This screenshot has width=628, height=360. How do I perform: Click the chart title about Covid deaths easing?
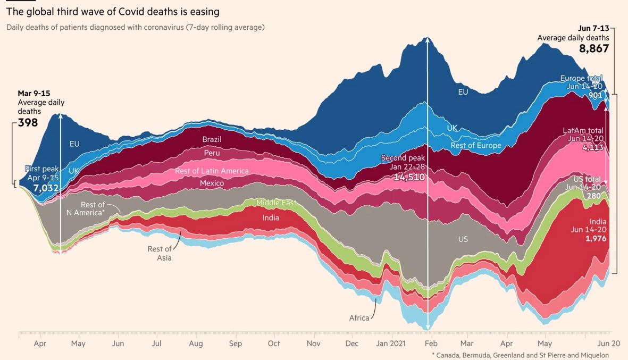(113, 12)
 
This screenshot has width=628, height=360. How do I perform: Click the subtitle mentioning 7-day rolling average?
(135, 27)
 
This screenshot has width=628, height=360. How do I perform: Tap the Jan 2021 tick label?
(391, 344)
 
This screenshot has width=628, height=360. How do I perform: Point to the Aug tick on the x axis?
(196, 344)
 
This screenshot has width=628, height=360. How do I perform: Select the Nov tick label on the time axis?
(314, 344)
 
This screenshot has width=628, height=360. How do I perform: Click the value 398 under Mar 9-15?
(28, 123)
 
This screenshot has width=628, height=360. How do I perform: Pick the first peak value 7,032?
(46, 188)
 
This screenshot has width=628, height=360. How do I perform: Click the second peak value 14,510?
(409, 177)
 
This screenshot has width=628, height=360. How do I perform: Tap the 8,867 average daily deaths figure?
(594, 48)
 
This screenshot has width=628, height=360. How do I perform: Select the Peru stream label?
(212, 153)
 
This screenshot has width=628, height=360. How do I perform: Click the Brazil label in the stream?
(212, 139)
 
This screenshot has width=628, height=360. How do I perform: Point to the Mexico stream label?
(212, 183)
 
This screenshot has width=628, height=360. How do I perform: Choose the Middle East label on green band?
(277, 203)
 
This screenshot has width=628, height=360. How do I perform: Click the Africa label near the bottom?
(359, 318)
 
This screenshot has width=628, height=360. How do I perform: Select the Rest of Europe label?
(475, 146)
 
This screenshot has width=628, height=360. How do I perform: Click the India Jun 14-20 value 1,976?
(596, 239)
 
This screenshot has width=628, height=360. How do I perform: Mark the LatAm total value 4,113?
(593, 148)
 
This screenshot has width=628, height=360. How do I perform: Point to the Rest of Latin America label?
(212, 171)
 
